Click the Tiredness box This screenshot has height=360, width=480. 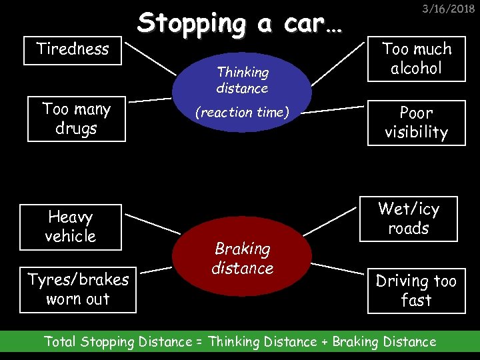click(x=73, y=49)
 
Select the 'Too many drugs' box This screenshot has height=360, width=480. click(x=76, y=119)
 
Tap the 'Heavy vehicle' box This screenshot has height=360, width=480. click(x=71, y=227)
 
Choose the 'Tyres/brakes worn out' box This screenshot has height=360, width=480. click(x=78, y=290)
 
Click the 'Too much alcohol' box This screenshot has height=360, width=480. click(x=417, y=59)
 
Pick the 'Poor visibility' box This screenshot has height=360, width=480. click(x=416, y=123)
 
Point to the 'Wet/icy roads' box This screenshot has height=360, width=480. click(x=409, y=219)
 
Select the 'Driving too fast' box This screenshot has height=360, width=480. click(x=416, y=291)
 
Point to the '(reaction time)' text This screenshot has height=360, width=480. click(x=242, y=113)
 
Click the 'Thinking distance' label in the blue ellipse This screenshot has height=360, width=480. click(x=242, y=80)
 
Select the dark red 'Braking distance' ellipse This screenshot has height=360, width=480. click(x=242, y=258)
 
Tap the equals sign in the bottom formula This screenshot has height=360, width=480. click(x=199, y=342)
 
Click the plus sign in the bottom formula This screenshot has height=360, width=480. click(x=325, y=342)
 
